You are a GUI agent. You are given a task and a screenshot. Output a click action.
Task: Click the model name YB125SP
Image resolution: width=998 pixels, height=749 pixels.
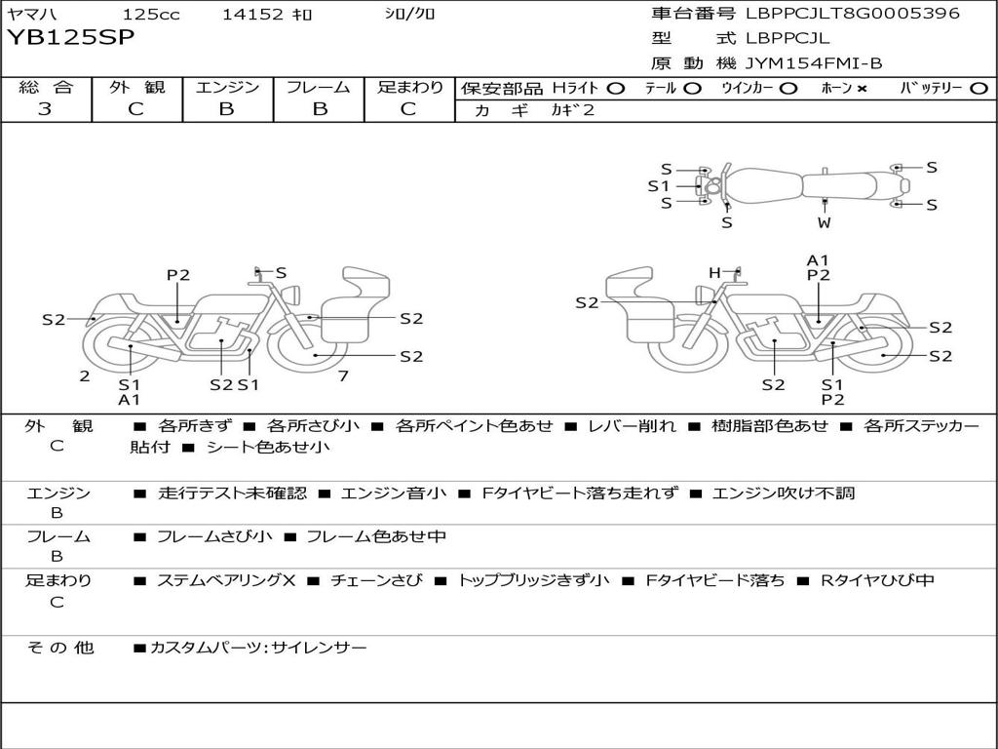click(71, 38)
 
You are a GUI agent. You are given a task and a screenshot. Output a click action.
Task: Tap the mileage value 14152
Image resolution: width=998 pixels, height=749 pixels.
click(252, 15)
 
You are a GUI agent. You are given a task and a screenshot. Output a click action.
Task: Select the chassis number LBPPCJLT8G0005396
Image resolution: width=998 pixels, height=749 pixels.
click(853, 14)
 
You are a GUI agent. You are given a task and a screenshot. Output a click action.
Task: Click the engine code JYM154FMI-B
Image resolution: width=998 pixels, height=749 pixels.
click(814, 63)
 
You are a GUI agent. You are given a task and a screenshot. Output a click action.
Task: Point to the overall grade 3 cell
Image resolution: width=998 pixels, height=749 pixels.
click(45, 109)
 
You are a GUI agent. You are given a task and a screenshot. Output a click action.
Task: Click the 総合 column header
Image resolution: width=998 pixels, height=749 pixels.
click(46, 88)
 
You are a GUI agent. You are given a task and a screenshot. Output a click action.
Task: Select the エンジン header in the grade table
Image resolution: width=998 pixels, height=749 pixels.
click(227, 88)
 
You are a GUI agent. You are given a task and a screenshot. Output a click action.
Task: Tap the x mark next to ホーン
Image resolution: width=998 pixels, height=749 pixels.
click(862, 89)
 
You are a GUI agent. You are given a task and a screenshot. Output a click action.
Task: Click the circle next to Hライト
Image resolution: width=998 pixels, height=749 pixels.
click(615, 89)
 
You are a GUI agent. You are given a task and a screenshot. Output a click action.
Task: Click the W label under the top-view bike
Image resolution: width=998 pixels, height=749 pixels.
click(825, 222)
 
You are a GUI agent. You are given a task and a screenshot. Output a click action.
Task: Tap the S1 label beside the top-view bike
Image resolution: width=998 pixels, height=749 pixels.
click(659, 185)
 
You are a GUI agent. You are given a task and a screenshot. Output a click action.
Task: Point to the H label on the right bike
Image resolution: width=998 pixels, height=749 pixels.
click(714, 273)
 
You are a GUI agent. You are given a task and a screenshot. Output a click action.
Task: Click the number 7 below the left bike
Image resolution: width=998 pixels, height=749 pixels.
click(343, 376)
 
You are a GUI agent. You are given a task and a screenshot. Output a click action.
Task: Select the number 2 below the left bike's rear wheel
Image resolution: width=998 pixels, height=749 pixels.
click(85, 376)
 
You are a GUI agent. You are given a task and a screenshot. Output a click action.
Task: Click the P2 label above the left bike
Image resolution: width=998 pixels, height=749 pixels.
click(177, 275)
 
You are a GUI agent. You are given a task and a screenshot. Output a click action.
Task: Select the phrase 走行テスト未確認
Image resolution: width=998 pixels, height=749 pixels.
click(232, 493)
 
